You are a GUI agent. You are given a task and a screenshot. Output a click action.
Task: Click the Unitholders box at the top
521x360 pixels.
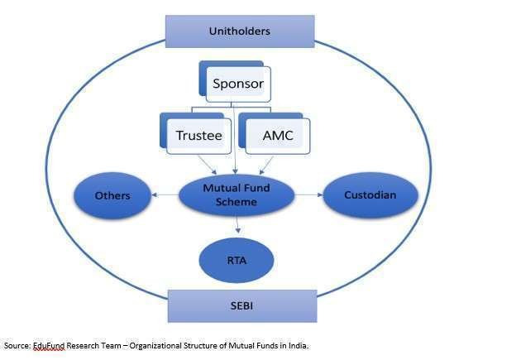(240, 31)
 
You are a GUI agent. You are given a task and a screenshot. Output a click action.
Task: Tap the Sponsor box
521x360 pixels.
(238, 84)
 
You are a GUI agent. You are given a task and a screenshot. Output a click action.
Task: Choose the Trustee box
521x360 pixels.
(198, 135)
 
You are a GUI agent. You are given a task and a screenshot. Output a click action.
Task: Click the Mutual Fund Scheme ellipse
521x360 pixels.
(237, 194)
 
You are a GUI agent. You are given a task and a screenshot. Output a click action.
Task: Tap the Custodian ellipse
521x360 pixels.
(370, 195)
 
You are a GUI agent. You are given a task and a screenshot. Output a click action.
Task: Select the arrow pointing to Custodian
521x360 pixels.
(308, 195)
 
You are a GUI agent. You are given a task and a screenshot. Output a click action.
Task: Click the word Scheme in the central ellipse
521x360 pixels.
(237, 201)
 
